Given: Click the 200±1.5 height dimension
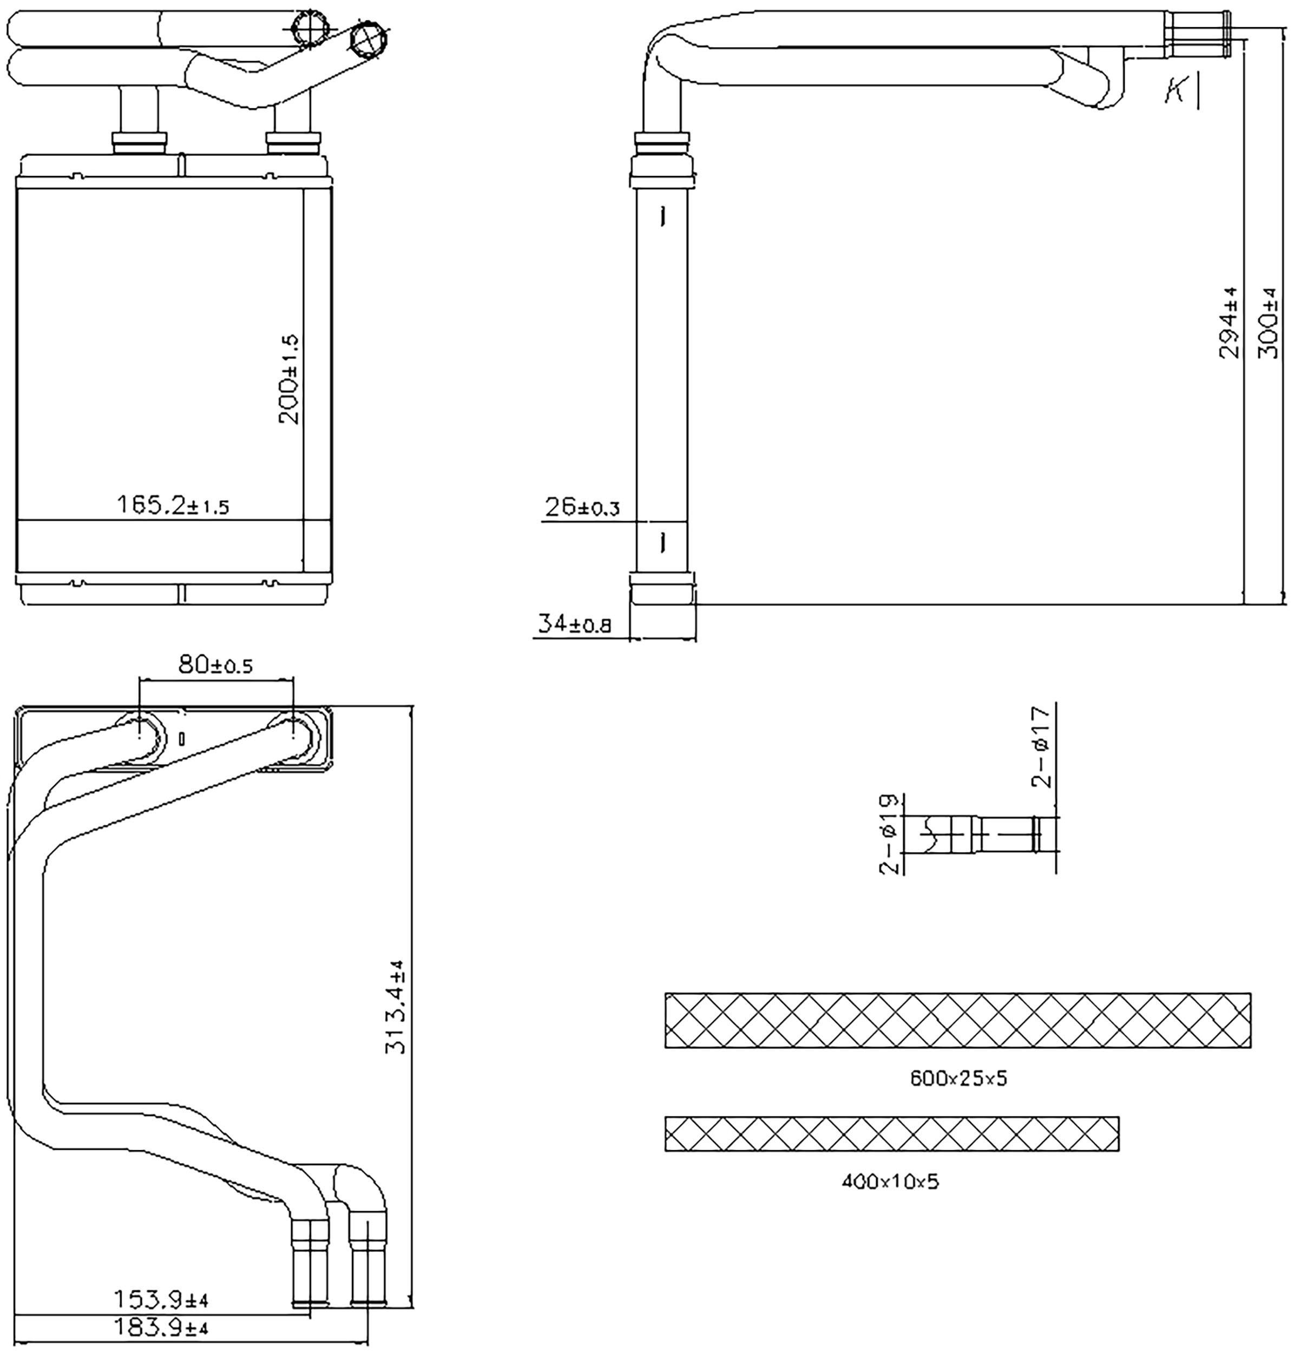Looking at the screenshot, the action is [290, 379].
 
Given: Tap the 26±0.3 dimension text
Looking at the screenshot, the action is [582, 508].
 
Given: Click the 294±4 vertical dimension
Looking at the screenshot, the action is [1229, 322].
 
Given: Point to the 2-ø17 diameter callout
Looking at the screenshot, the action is [1040, 747].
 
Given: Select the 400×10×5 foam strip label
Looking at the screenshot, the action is [890, 1182].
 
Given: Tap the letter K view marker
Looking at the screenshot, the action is [1181, 91].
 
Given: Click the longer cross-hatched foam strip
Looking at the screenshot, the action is [957, 1021].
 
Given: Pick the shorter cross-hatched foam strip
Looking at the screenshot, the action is [892, 1134].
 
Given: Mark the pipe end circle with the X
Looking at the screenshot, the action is [367, 41].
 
